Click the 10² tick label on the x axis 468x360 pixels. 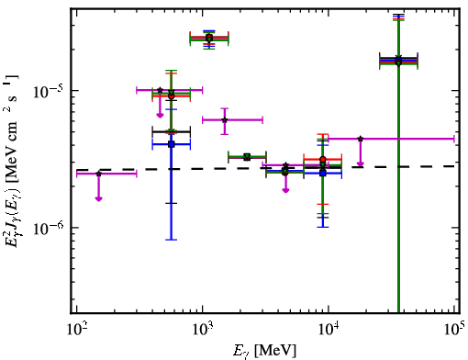[76, 330]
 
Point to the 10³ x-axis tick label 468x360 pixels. [203, 330]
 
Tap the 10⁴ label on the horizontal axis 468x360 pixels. [329, 330]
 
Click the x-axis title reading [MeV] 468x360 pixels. [275, 351]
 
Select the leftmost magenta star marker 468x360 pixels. [98, 174]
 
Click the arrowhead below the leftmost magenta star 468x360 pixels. [98, 198]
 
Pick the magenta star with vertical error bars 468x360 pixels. [225, 120]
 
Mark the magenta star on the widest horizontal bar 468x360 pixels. [361, 139]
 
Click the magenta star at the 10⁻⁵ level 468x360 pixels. [160, 90]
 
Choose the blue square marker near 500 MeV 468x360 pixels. [172, 144]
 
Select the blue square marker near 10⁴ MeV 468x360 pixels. [323, 174]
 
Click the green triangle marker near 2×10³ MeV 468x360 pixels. [247, 157]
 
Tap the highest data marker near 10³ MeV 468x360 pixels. [209, 38]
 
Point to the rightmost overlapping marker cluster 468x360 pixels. [398, 61]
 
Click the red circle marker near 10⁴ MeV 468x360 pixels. [323, 159]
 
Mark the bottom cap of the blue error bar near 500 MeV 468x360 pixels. [172, 240]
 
